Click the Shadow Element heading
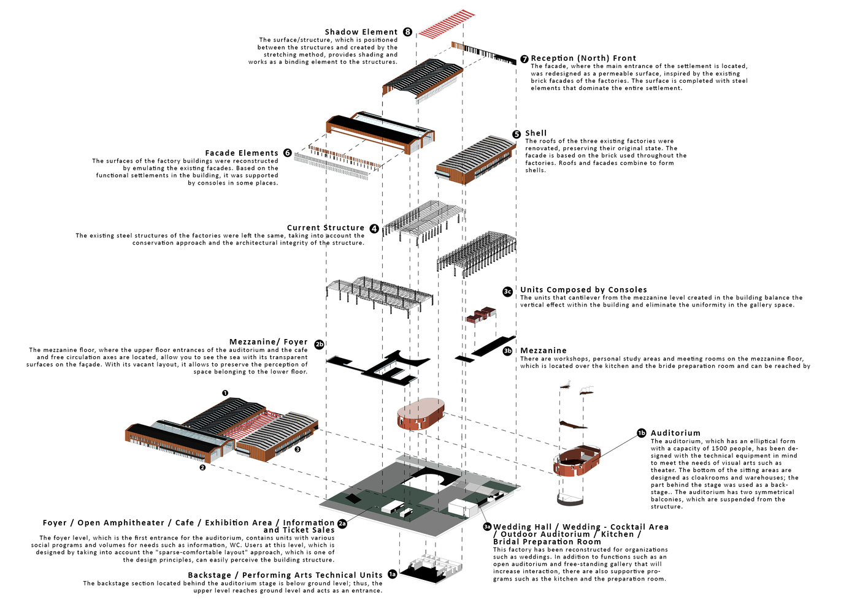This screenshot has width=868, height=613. coord(361,32)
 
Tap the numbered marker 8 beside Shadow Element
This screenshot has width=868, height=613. coord(408,32)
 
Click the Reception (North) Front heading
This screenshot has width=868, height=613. coord(583,58)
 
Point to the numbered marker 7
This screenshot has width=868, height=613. coord(524,59)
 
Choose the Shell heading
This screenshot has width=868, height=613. coord(536,133)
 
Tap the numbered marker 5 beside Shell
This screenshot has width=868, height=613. coord(517,134)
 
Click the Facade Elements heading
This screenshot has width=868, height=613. coord(242,153)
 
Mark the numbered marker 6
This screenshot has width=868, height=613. coord(287,153)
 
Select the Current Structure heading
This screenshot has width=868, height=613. coord(326,228)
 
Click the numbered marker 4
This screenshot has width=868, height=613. coord(374,228)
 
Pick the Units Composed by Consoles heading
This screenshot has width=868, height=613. coord(583,290)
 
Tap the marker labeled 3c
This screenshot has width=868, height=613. coord(507,292)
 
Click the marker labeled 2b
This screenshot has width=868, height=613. coord(319,345)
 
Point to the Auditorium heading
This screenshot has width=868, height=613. coord(675,433)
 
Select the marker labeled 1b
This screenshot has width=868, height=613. coord(641,433)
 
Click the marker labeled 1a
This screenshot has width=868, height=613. coord(392,574)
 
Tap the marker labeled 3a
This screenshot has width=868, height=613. coord(487,527)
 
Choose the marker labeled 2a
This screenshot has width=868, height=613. coord(342,524)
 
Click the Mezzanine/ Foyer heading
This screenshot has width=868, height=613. coord(269,342)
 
